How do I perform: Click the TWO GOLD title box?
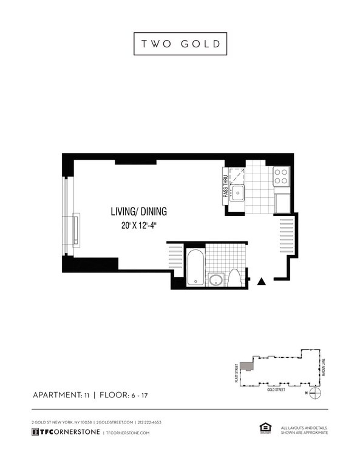(180, 44)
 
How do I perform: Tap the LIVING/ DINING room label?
(139, 211)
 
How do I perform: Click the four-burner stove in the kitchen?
(281, 176)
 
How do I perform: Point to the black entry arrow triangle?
(262, 281)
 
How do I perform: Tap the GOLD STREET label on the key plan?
(276, 390)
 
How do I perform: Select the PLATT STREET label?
(237, 373)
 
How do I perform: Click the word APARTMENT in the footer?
(55, 395)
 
